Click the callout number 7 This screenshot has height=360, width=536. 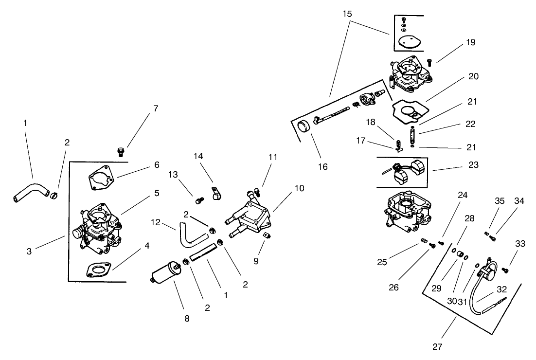(156, 108)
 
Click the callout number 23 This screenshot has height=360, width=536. (473, 165)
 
